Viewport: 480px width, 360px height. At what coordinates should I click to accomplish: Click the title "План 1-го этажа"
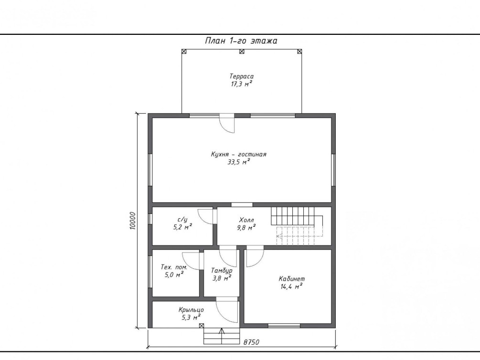point(241,41)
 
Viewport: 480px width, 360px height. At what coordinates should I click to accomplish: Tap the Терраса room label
point(242,76)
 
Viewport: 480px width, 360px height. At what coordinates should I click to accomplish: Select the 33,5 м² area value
point(239,162)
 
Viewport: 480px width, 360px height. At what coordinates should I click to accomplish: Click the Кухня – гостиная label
point(239,154)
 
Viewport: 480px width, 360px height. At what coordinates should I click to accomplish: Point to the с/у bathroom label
point(182,220)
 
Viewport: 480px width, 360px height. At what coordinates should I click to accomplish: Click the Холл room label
point(246,220)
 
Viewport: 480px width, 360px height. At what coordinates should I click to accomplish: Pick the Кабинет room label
point(292,278)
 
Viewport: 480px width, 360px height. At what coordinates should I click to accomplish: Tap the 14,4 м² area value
point(292,286)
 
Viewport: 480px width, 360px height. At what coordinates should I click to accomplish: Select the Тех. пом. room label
point(174,267)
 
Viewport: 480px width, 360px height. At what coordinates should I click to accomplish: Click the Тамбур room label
point(222,271)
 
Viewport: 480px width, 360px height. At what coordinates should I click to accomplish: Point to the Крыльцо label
point(191,310)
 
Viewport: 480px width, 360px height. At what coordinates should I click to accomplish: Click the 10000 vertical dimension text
point(132,221)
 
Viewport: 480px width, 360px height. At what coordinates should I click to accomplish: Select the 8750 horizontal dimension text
point(251,342)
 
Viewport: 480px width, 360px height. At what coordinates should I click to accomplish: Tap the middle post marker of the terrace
point(242,52)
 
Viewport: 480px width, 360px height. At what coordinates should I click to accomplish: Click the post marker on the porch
point(202,326)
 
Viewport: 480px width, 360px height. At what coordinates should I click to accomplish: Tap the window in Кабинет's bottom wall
point(284,326)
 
